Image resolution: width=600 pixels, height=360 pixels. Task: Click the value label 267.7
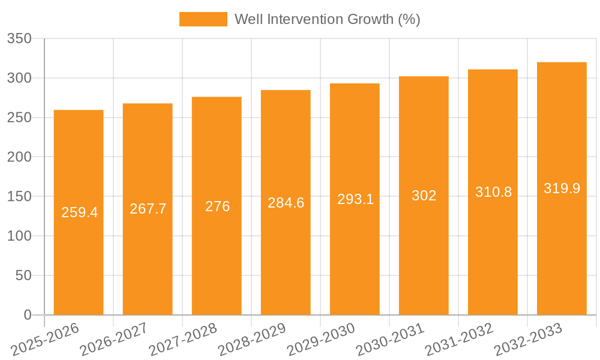(x=148, y=209)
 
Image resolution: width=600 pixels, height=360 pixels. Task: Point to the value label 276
(x=217, y=206)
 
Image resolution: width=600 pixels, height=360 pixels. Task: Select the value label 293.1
(x=355, y=199)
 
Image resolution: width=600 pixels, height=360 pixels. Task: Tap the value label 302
(x=424, y=196)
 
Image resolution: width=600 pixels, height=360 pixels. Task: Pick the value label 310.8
(x=493, y=192)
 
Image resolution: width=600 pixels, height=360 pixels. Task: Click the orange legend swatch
(x=203, y=19)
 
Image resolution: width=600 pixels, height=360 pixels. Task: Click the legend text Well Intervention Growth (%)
(x=327, y=19)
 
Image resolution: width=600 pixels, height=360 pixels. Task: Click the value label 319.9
(x=562, y=188)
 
